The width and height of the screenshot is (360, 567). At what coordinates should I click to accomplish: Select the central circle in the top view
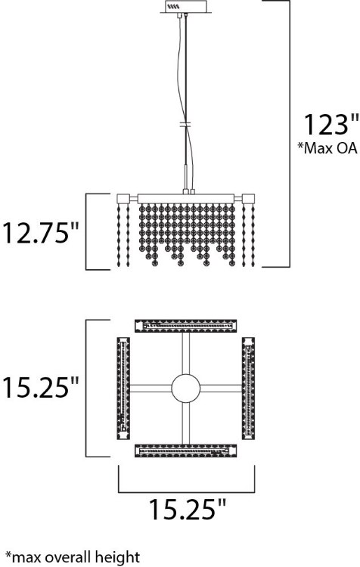(185, 389)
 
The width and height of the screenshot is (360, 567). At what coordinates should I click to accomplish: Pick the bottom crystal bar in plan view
(185, 451)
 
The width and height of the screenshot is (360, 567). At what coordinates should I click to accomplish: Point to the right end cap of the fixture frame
(249, 199)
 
